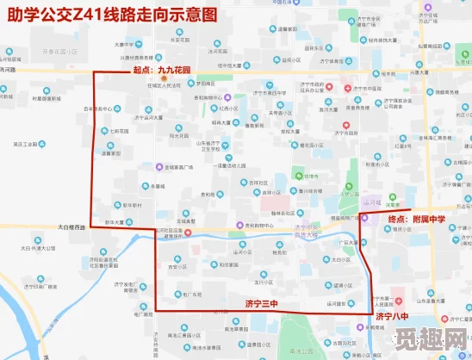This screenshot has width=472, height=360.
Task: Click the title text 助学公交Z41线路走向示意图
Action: point(109,15)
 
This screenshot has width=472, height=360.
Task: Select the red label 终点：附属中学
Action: point(416,220)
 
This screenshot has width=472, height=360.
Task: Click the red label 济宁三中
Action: point(262,304)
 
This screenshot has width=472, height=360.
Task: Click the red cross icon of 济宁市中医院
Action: point(348,89)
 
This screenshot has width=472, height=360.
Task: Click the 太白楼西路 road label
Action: point(72,227)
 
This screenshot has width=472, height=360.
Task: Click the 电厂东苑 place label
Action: point(191,294)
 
